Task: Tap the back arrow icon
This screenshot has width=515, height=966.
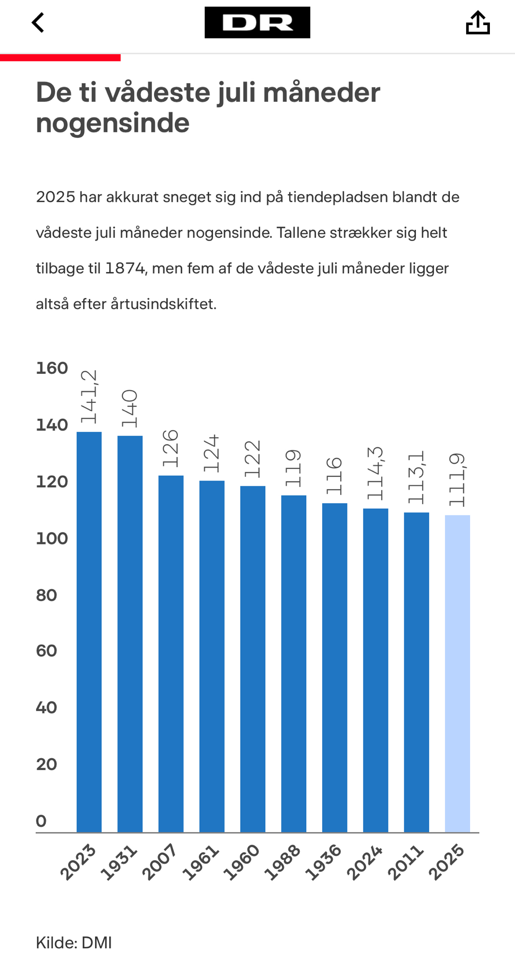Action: click(x=38, y=23)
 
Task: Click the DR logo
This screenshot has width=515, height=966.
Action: click(x=257, y=23)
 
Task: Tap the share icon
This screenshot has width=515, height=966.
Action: click(x=477, y=23)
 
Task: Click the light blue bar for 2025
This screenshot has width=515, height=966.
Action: click(x=457, y=673)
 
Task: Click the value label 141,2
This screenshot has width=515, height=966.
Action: click(x=89, y=397)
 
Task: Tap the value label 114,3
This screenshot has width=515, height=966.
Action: click(x=375, y=473)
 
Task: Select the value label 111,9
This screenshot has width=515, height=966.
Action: click(x=457, y=480)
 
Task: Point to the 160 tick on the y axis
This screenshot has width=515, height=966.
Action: click(x=52, y=369)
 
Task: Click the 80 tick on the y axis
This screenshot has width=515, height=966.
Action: click(x=46, y=595)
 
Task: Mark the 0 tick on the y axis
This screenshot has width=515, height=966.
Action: click(x=42, y=821)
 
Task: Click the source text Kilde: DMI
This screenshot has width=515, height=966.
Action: click(x=74, y=942)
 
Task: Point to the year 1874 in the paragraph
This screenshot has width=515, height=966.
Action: click(x=125, y=268)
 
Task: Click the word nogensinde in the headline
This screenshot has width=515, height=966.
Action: click(x=113, y=123)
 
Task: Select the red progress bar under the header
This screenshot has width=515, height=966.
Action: click(x=60, y=57)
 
